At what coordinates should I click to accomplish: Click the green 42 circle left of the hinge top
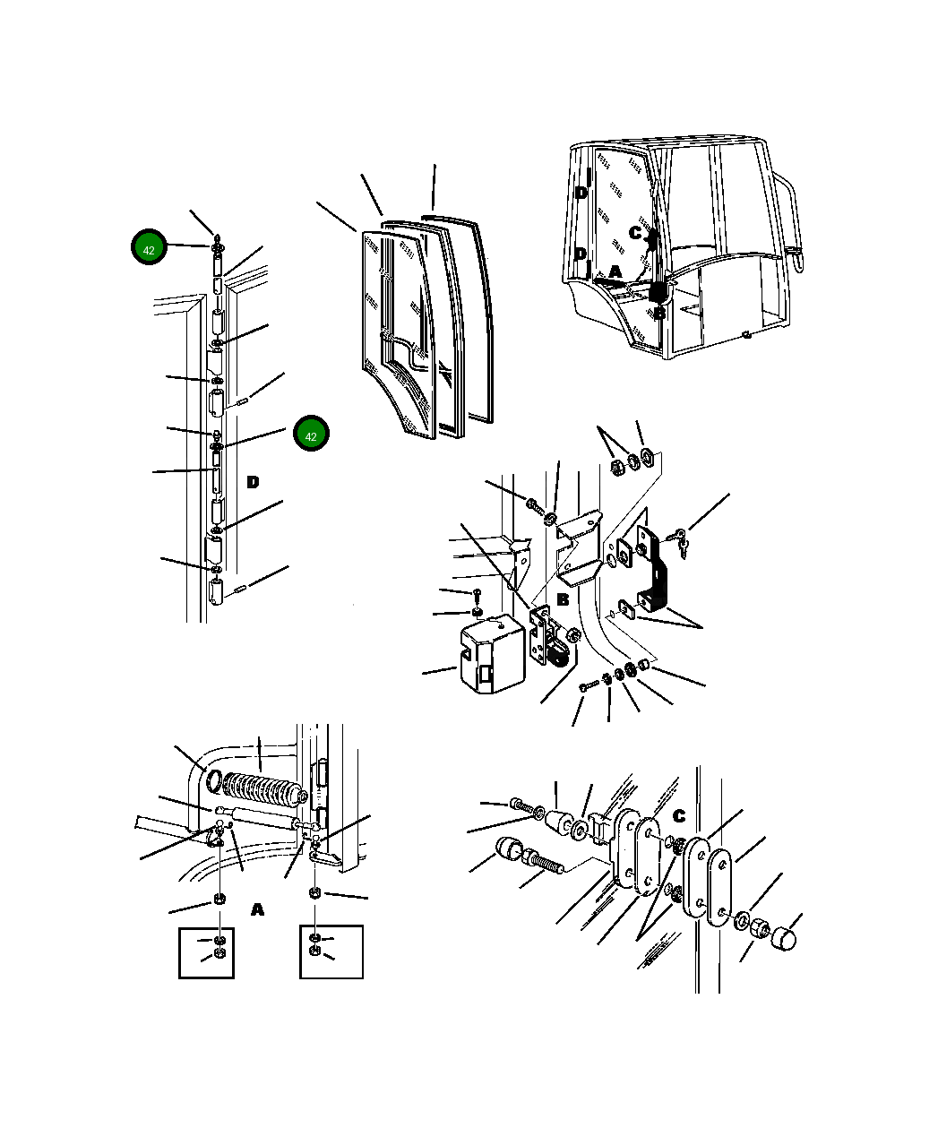(149, 247)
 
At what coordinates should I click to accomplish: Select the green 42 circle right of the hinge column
(311, 433)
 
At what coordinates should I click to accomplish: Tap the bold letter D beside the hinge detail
(253, 482)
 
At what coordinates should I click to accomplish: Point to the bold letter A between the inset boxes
(258, 909)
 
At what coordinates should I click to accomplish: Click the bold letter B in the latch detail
(563, 599)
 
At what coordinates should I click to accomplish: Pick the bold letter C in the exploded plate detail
(679, 815)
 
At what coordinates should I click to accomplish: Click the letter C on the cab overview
(635, 233)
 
